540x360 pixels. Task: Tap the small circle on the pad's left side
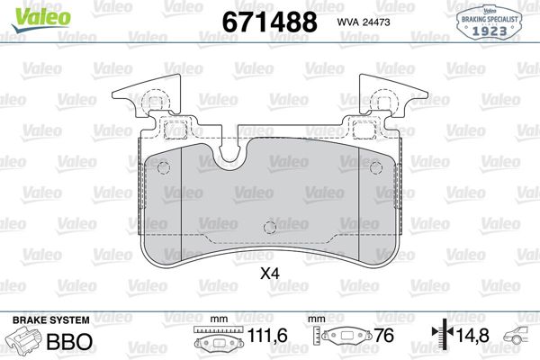pyautogui.click(x=163, y=167)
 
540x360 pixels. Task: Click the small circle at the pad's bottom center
pyautogui.click(x=268, y=227)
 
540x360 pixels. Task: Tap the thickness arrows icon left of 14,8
pyautogui.click(x=441, y=336)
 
